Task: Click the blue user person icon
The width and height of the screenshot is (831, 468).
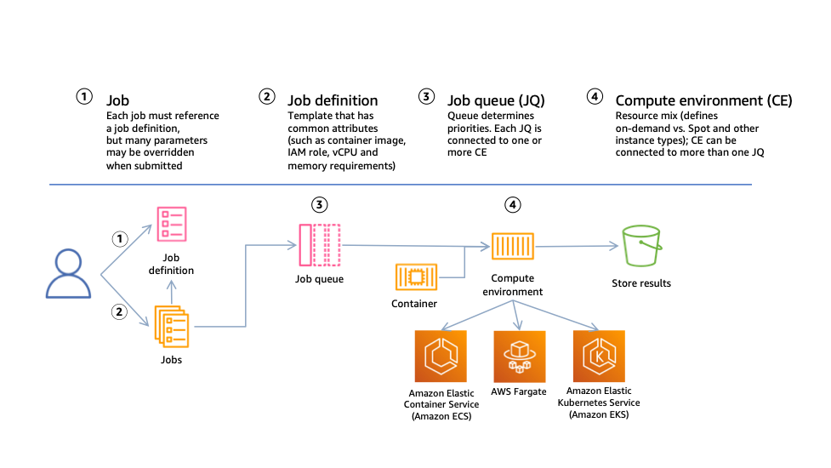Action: click(68, 274)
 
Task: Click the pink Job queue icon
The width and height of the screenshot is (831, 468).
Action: click(319, 246)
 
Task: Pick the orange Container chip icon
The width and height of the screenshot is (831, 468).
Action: click(416, 278)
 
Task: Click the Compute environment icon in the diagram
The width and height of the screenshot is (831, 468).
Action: click(512, 246)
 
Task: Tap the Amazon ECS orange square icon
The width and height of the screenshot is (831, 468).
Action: click(439, 357)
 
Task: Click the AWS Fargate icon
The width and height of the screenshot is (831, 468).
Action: click(518, 357)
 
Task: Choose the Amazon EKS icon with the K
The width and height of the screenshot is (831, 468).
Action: click(600, 357)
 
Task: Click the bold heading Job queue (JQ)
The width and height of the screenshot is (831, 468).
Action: click(496, 100)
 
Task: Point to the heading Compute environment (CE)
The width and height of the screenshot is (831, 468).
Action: click(703, 100)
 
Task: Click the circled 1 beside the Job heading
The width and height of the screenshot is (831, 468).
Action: click(83, 97)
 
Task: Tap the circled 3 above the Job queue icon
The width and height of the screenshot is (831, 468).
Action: click(319, 204)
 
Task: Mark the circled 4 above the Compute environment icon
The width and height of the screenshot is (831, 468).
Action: click(512, 204)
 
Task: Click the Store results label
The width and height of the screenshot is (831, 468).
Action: click(641, 283)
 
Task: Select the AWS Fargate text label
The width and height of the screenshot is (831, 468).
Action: click(518, 392)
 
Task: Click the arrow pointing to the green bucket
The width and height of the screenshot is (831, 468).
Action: click(587, 246)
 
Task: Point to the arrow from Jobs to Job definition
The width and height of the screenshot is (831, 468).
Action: click(172, 289)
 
